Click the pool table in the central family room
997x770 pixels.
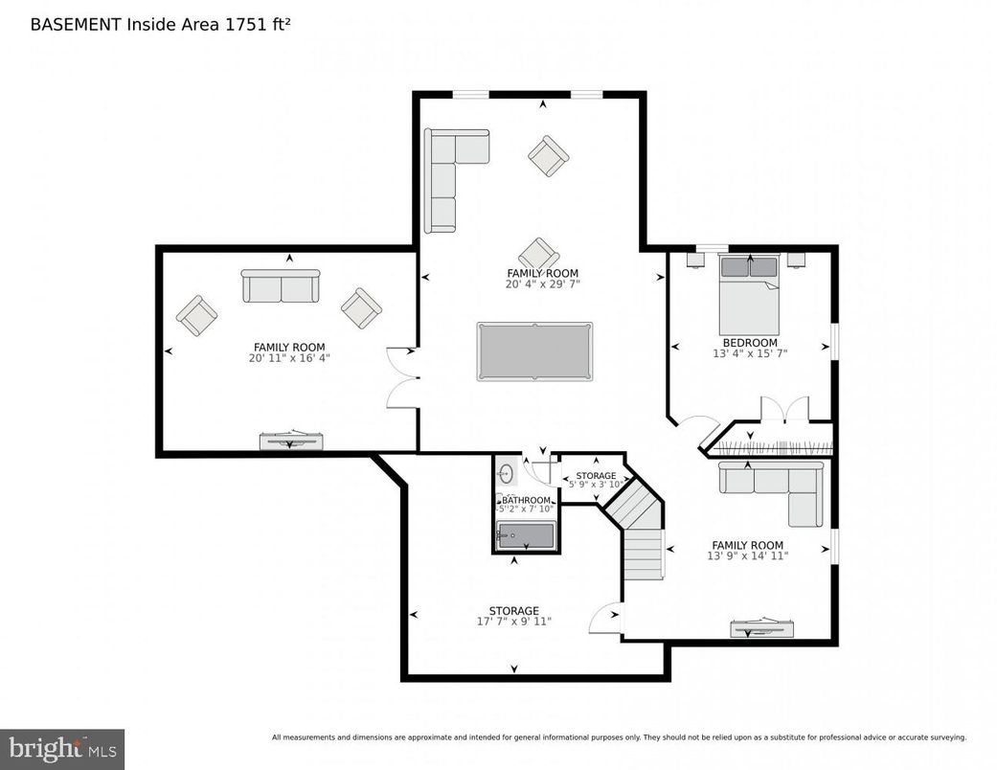coord(534,351)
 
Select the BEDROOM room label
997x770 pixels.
coord(750,342)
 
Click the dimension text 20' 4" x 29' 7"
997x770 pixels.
coord(543,284)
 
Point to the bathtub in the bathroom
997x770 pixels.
coord(526,535)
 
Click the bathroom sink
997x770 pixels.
coord(507,473)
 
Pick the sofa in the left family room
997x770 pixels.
coord(281,285)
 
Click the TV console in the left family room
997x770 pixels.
coord(291,441)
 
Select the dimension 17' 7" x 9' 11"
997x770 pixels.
coord(514,623)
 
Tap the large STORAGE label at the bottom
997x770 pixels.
coord(514,610)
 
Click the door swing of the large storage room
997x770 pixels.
coord(606,618)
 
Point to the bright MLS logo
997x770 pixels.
coord(61,748)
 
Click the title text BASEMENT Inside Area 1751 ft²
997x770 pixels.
coord(160,24)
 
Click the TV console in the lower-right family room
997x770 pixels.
coord(762,628)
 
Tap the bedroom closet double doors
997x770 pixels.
coord(784,409)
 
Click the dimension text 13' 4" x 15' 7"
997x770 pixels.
coord(750,353)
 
